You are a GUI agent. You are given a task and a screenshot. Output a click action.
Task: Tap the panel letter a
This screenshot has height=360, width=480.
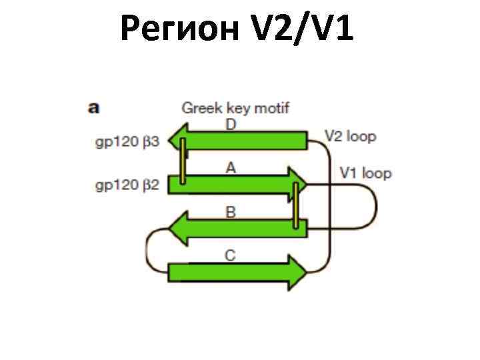pos(95,107)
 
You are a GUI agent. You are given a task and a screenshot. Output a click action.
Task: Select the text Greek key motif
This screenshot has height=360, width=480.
pos(236,108)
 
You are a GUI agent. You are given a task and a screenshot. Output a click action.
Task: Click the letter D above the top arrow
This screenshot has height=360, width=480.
pos(231,125)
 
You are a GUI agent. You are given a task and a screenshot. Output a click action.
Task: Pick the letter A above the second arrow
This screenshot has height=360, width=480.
pos(231,168)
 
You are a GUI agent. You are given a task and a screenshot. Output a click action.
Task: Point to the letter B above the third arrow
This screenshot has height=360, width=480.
pos(231,213)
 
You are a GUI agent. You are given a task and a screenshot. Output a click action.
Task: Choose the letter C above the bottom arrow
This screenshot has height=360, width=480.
pos(231,256)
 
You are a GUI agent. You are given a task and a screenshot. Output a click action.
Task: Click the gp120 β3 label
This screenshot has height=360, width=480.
pos(127,142)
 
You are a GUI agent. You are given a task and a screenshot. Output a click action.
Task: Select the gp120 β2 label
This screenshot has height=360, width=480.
pos(127,185)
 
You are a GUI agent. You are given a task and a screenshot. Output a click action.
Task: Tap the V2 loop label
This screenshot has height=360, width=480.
pos(351,137)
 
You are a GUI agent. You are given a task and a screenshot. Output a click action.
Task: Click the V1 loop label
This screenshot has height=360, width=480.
pos(365,173)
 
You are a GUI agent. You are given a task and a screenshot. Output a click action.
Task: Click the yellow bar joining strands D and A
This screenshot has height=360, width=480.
pos(182,161)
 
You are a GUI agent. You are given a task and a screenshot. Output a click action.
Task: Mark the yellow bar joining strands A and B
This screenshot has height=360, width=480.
pos(295,204)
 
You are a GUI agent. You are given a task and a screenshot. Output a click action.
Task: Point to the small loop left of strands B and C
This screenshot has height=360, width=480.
pos(151,251)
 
